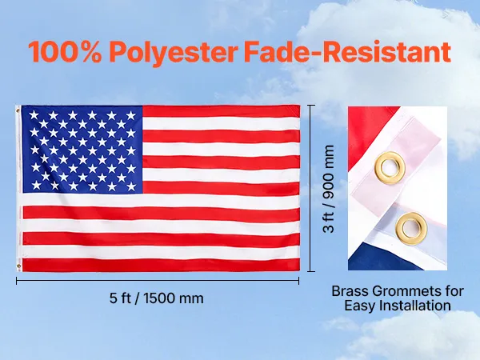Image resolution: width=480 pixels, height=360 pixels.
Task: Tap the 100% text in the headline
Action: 65,51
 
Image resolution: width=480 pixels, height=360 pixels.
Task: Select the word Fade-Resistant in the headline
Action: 347,51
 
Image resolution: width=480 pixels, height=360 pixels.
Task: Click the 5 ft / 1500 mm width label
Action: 157,298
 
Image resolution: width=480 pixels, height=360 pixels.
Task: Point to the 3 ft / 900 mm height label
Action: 329,189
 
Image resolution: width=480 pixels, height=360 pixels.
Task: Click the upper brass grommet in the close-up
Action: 390,167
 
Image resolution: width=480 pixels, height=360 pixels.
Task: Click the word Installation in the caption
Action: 418,306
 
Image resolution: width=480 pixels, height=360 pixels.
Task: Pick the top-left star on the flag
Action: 34,115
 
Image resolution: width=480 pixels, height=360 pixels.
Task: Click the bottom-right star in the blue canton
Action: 131,186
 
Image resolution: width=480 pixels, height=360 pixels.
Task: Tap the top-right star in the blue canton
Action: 131,115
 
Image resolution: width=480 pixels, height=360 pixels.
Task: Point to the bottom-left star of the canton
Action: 36,185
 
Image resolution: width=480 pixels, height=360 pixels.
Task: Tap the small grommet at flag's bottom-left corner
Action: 19,266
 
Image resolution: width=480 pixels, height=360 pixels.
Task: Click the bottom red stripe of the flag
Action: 161,265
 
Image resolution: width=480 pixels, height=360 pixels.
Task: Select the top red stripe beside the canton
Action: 221,111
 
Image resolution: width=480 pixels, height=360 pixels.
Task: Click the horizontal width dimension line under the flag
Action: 158,281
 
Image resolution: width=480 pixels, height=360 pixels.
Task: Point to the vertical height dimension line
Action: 311,188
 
